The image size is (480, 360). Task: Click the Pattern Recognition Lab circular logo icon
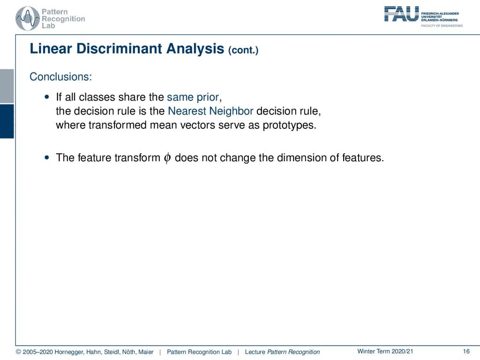tap(28, 18)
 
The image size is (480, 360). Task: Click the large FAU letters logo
tap(401, 14)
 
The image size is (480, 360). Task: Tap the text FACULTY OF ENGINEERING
tap(442, 26)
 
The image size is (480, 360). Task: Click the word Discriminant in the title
tap(120, 49)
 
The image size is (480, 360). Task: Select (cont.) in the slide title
tap(243, 50)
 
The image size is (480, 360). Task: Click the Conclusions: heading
tap(60, 76)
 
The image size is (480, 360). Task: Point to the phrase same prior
tap(193, 97)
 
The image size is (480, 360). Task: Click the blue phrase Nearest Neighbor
tap(210, 111)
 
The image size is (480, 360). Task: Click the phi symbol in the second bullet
tap(167, 157)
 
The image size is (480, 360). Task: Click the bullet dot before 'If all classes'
tap(47, 97)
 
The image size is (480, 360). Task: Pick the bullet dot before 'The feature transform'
tap(47, 157)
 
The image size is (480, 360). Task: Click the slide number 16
tap(466, 352)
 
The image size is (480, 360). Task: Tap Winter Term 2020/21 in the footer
tap(385, 352)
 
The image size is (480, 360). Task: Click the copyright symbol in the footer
tap(18, 352)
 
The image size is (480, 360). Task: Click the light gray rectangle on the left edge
tap(7, 86)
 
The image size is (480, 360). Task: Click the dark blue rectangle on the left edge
tap(7, 121)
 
